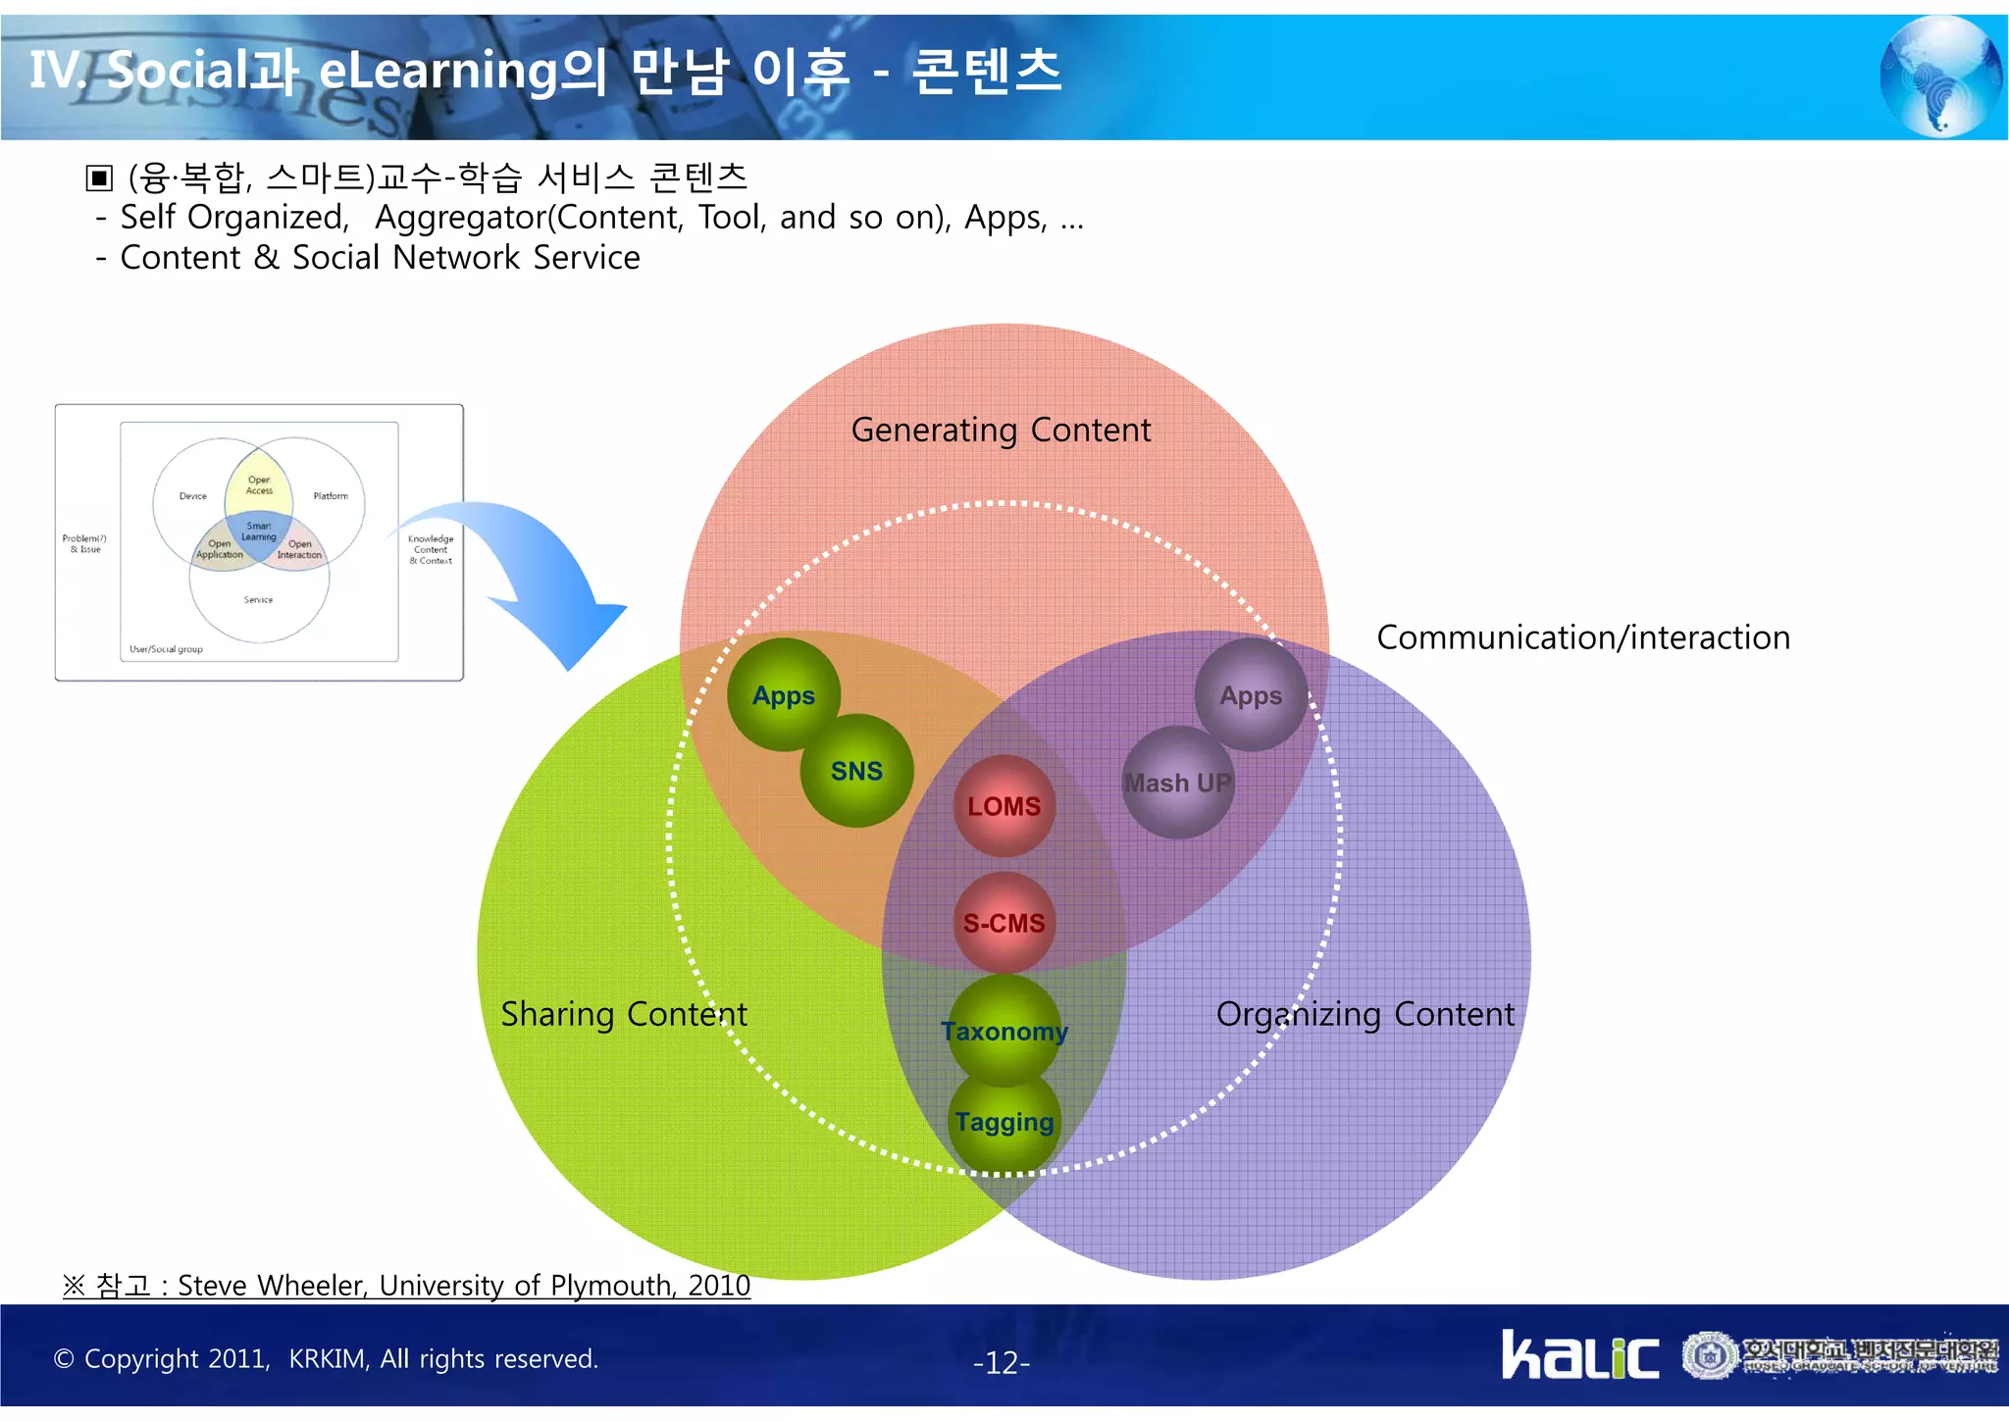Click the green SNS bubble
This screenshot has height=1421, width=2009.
click(x=856, y=771)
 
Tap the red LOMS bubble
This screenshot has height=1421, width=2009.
click(x=1004, y=806)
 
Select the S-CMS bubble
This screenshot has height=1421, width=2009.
click(x=1004, y=923)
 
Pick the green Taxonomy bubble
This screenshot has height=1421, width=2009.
click(x=1004, y=1031)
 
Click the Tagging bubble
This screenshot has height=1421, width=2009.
click(x=1004, y=1122)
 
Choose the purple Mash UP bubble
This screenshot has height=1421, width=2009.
click(x=1177, y=783)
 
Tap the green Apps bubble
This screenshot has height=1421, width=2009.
click(x=783, y=695)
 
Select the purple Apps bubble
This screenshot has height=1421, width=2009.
click(x=1251, y=695)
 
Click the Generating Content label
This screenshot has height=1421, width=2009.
click(x=1001, y=430)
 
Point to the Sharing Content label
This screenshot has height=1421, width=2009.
click(x=624, y=1014)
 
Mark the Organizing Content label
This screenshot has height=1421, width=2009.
click(x=1365, y=1014)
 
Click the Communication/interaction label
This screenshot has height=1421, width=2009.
click(x=1582, y=637)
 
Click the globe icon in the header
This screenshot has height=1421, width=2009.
click(x=1939, y=76)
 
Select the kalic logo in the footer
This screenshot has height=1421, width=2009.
click(x=1579, y=1356)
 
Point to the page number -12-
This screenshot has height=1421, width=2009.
click(x=1001, y=1362)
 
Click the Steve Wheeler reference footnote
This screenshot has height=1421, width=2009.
click(x=407, y=1285)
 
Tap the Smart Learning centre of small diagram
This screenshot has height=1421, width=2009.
click(x=259, y=533)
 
